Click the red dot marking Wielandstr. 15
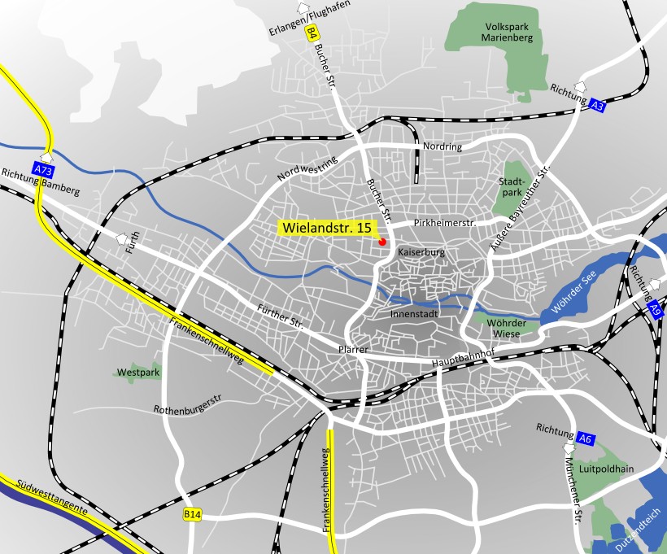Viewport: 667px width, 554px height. coord(382,242)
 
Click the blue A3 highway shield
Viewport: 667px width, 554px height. coord(598,105)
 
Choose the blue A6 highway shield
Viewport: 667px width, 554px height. coord(586,438)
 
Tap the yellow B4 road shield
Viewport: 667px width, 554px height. coord(311,33)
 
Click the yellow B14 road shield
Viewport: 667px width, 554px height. coord(192,514)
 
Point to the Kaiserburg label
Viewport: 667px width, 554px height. coord(421,253)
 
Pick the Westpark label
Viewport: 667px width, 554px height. coord(138,373)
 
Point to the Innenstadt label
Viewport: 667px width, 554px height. coord(415,313)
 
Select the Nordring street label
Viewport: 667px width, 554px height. coord(442,147)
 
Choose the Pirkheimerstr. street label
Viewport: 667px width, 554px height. coord(443,221)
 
